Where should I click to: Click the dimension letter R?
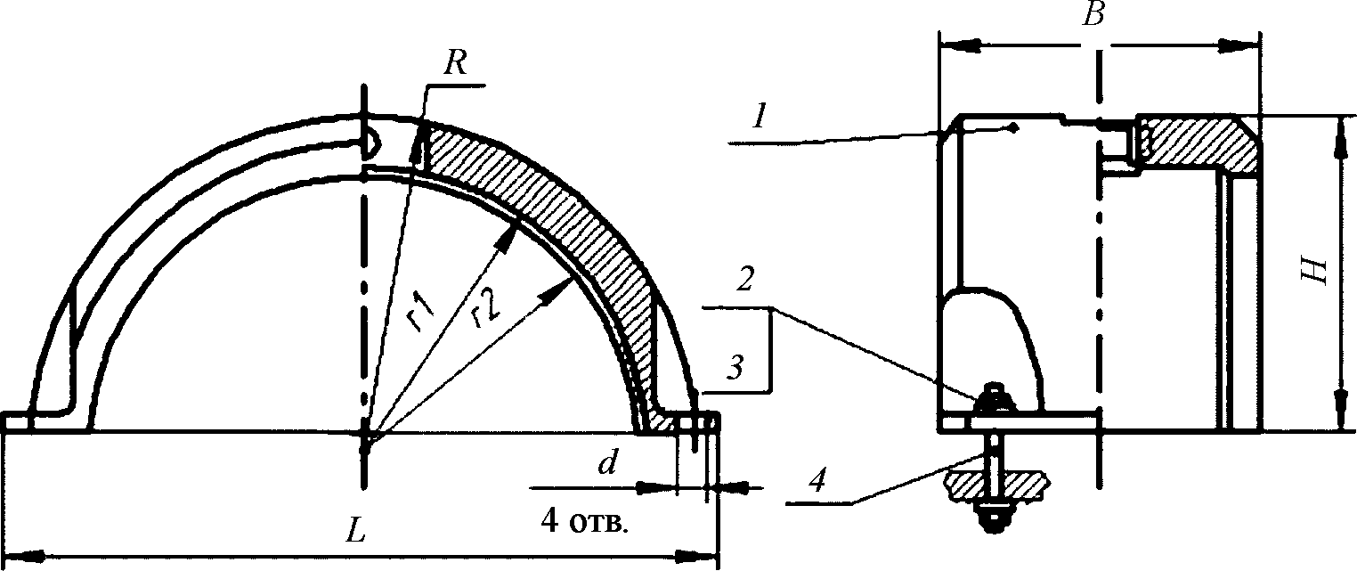pyautogui.click(x=455, y=63)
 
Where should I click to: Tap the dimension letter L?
pyautogui.click(x=355, y=532)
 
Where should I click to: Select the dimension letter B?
pyautogui.click(x=1093, y=14)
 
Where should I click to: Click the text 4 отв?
pyautogui.click(x=584, y=521)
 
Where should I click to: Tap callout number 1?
pyautogui.click(x=760, y=117)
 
